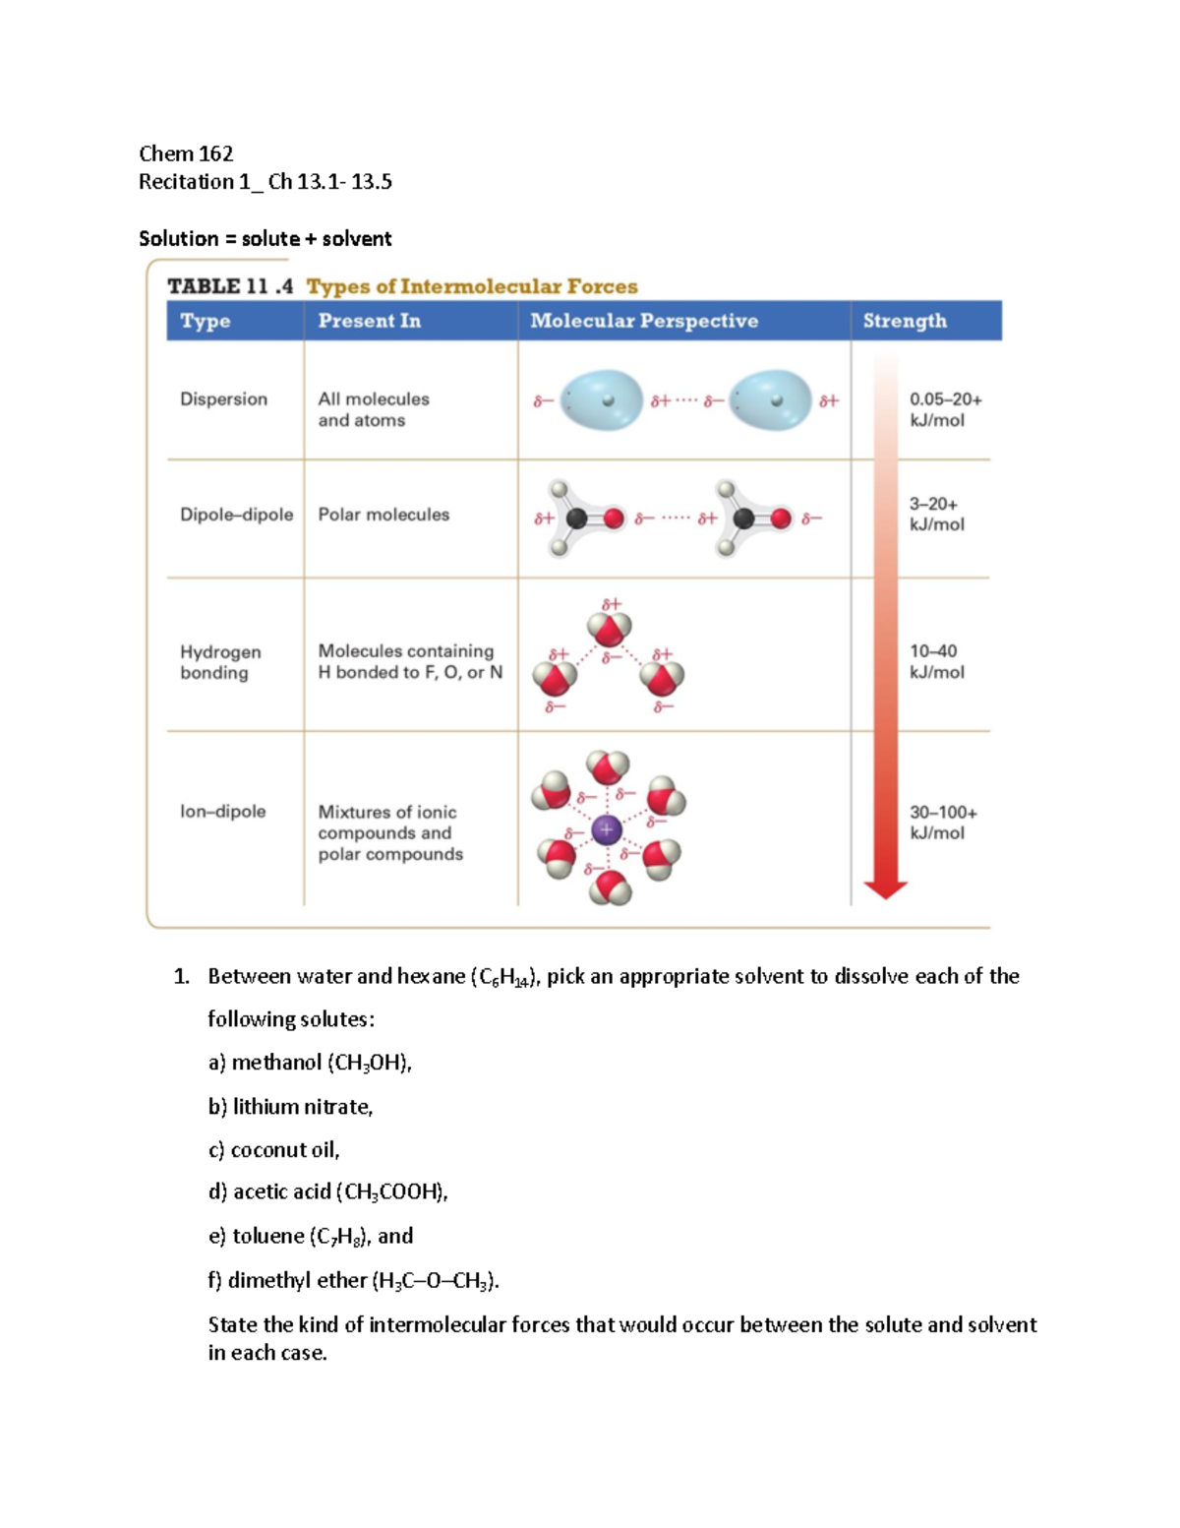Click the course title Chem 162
click(x=186, y=153)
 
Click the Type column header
click(x=205, y=321)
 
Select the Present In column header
click(x=369, y=321)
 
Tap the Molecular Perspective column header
click(x=643, y=321)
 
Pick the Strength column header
click(x=904, y=321)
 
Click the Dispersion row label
click(x=223, y=399)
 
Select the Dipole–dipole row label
click(x=236, y=515)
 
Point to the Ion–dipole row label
click(x=222, y=812)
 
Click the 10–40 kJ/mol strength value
click(x=936, y=661)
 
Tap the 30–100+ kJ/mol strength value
click(x=942, y=823)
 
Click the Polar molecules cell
click(x=383, y=515)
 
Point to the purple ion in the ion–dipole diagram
click(x=607, y=830)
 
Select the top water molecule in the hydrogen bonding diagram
click(x=609, y=627)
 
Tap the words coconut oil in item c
click(x=284, y=1150)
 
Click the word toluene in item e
click(x=267, y=1237)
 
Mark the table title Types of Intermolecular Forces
click(x=472, y=286)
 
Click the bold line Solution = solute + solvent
click(x=265, y=239)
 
